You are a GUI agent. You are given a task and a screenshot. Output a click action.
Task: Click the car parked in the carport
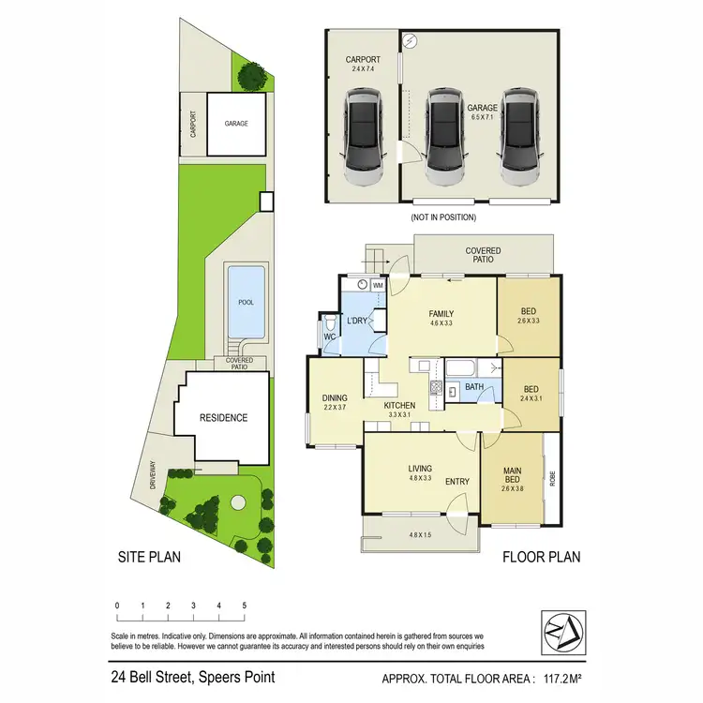pos(361,135)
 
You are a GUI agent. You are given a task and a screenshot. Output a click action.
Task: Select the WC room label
pos(329,336)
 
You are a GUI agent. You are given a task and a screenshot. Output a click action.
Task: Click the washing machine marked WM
pos(379,285)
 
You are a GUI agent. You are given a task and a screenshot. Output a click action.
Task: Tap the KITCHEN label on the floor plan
pos(400,406)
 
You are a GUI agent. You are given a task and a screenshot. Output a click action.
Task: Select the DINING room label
pos(335,396)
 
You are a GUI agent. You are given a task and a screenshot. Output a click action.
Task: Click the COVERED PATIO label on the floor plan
pos(483,256)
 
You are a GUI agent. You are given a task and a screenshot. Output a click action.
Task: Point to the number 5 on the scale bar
pos(245,606)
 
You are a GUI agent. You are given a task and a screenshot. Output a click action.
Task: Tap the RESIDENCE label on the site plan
pos(222,418)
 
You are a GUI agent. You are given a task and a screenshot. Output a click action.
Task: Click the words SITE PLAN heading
pos(148,557)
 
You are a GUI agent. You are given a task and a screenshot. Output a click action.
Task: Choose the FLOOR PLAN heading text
pos(541,557)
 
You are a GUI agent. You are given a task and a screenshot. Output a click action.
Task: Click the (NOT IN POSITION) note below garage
pos(443,217)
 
